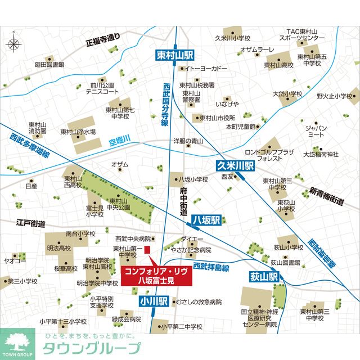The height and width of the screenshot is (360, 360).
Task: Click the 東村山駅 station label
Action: point(175,55)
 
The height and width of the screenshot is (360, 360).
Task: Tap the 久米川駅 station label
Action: point(236,165)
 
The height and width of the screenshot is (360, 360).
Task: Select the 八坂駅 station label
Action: point(205,220)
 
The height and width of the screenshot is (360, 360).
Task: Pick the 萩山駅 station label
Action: point(264,277)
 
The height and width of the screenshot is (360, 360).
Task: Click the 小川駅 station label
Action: point(154,301)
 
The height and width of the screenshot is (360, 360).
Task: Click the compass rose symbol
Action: point(15,43)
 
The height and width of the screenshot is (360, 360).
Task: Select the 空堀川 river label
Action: point(119,138)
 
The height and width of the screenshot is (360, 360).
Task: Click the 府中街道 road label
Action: point(183,200)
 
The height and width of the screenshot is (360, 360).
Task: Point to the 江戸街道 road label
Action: point(30,223)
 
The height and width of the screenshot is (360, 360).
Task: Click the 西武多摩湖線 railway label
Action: point(29,146)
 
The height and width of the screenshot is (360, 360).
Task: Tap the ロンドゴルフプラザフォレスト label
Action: point(269,155)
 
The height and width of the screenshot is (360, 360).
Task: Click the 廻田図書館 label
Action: point(49,65)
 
